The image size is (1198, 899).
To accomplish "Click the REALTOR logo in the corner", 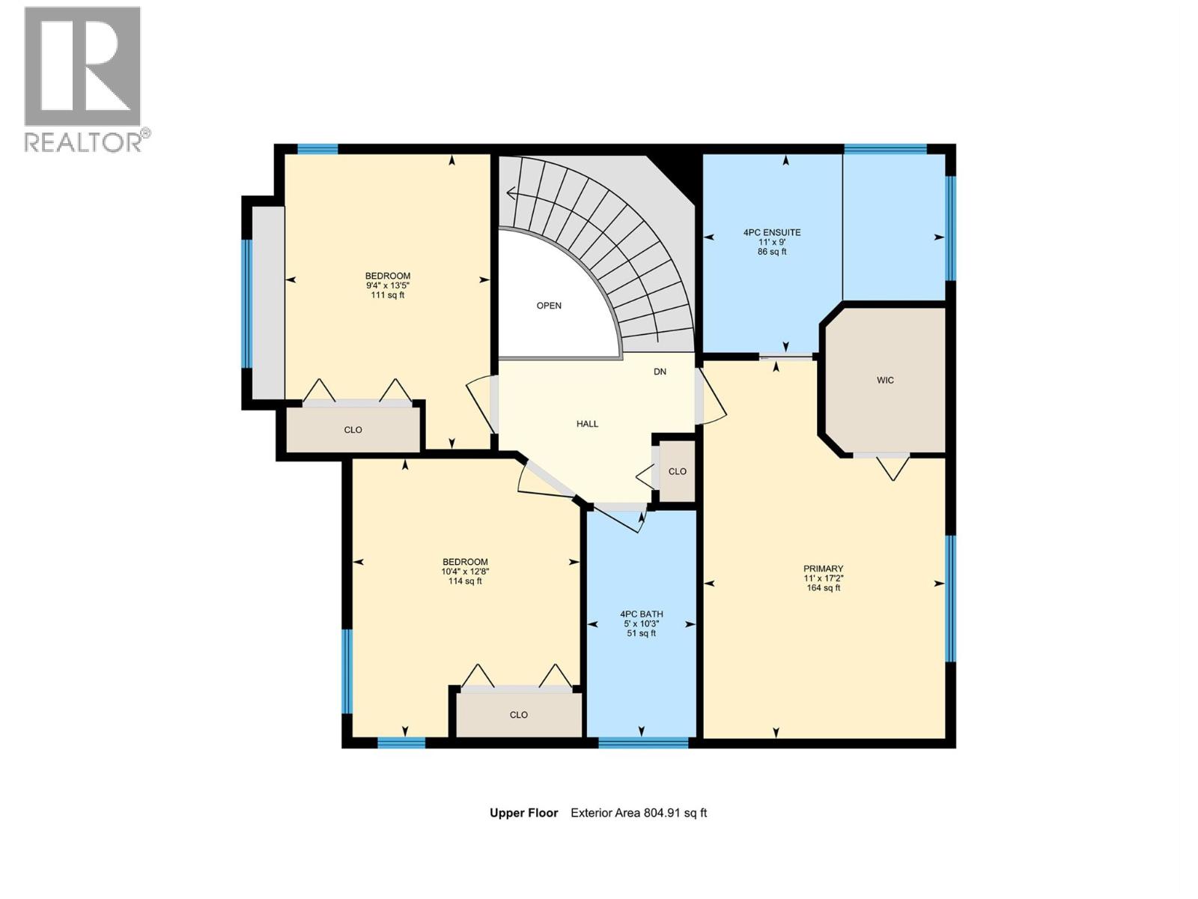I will tap(83, 78).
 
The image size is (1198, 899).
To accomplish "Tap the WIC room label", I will tap(885, 381).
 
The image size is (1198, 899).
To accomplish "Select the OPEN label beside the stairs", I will tap(549, 306).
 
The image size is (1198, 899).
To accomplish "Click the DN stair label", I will tap(660, 372).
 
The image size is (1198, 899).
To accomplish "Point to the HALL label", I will tap(587, 424).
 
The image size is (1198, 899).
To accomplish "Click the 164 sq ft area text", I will tap(823, 588).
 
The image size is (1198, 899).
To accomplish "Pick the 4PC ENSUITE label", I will tap(772, 232).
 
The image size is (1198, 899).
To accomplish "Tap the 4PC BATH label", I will tap(642, 614).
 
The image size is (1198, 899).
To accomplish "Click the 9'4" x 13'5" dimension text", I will tap(387, 285).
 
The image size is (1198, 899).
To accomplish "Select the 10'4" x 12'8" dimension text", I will tap(465, 572).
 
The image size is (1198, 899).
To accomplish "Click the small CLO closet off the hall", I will tap(677, 471).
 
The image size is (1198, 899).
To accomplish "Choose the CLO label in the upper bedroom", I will tap(353, 430).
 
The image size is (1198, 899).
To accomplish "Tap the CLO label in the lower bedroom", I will tap(519, 715).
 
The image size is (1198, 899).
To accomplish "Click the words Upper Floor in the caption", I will tap(523, 813).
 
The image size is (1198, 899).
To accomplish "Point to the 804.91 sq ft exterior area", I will tap(675, 813).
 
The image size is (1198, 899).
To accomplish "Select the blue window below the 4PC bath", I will tap(643, 743).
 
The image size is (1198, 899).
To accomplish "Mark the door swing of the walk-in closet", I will tap(893, 467).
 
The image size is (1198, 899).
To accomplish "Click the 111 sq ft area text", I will tap(387, 295).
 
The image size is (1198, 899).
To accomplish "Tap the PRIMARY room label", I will tap(823, 569).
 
